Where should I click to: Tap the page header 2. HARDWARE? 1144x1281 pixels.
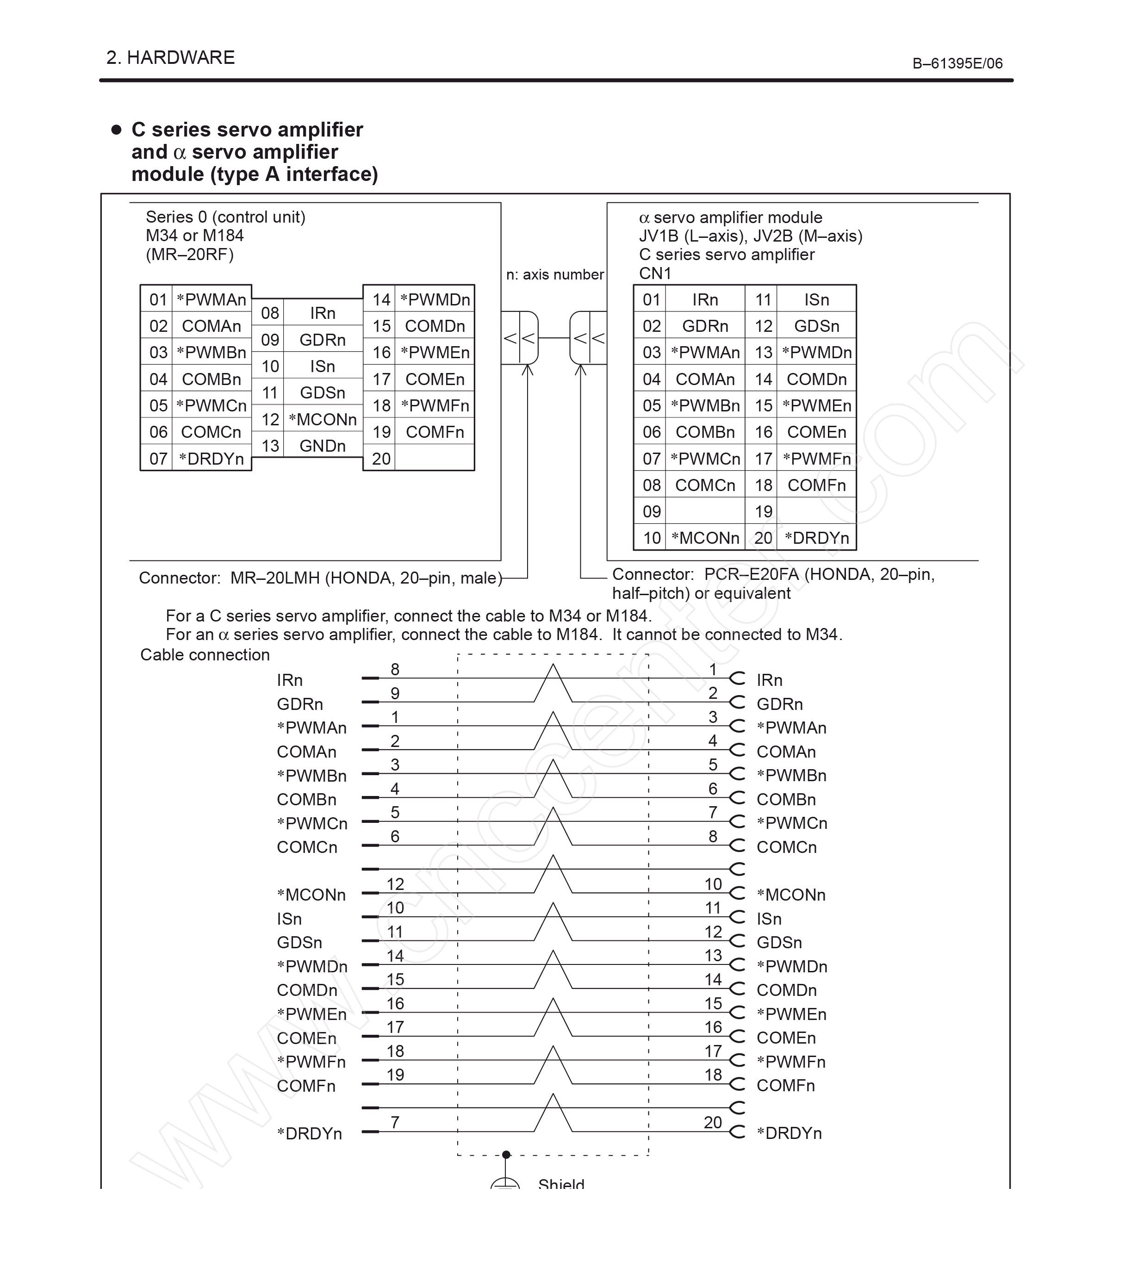point(170,58)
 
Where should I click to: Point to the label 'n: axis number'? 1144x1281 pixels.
point(554,275)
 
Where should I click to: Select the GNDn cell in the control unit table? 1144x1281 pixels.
point(323,446)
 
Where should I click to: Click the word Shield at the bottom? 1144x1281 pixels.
point(561,1184)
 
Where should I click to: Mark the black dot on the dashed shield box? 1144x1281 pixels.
point(506,1155)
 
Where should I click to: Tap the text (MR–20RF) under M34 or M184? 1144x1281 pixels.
point(189,254)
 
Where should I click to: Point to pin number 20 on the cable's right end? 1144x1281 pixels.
point(713,1122)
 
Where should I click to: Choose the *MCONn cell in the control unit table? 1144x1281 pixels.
point(323,419)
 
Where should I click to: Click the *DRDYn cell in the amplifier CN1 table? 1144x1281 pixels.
point(816,538)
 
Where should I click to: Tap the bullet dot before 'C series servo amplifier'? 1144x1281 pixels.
point(116,130)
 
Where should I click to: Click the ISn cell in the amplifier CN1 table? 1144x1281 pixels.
point(816,300)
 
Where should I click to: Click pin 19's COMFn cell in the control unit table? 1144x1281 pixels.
point(435,432)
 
